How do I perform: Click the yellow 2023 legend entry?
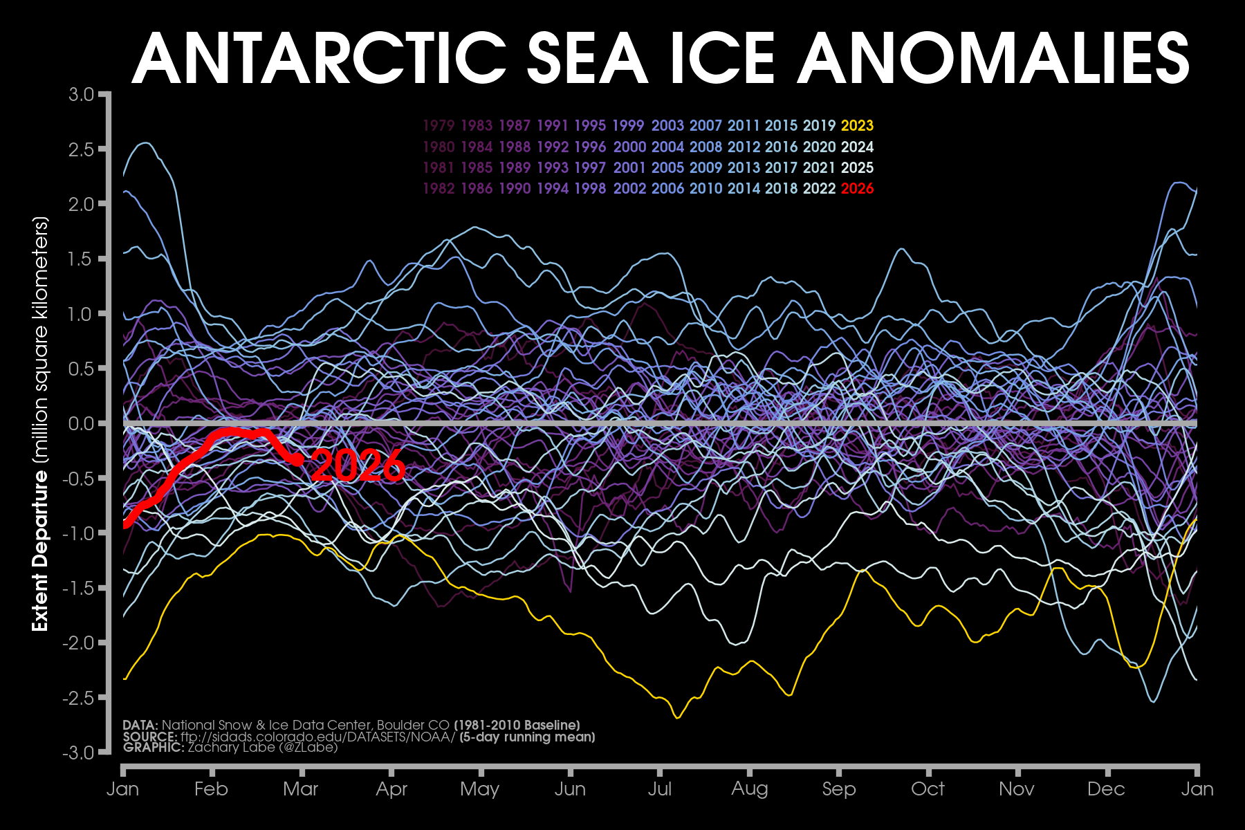click(857, 126)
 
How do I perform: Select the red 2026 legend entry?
click(857, 188)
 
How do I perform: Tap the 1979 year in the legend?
click(439, 126)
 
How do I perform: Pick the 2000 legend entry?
click(629, 147)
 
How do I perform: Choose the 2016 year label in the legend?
click(782, 147)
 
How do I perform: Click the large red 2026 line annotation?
click(358, 465)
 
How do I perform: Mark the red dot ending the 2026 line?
click(298, 459)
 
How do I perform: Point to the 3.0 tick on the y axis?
click(81, 94)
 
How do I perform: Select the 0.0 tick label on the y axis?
click(81, 423)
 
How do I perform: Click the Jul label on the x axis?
click(660, 789)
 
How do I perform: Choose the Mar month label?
click(301, 789)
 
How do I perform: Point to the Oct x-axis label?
click(928, 789)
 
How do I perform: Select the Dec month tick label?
click(1106, 789)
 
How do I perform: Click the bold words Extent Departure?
click(40, 550)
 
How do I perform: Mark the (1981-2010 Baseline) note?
click(517, 725)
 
